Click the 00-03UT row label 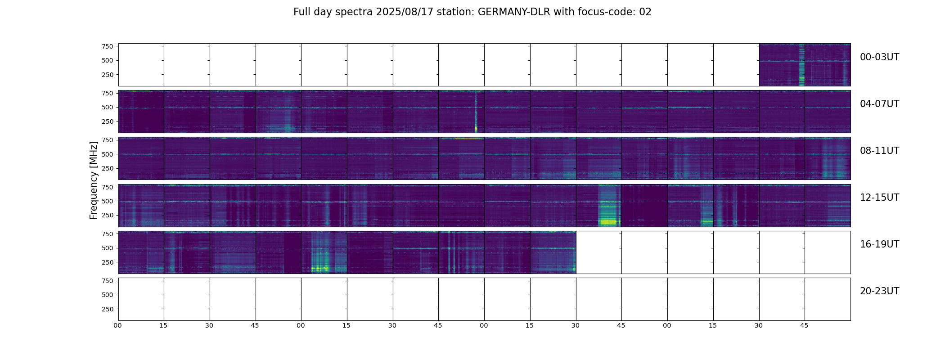[879, 57]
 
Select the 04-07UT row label [879, 104]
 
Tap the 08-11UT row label [879, 151]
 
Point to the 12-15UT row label [879, 198]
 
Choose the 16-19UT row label [879, 244]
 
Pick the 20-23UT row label [879, 291]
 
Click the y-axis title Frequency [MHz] [94, 180]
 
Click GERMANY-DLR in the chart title [514, 12]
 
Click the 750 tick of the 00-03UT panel [108, 46]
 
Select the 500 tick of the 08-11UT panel [108, 154]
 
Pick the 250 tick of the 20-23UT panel [108, 309]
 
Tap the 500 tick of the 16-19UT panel [108, 248]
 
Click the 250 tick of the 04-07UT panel [108, 121]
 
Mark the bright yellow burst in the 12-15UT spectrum [608, 221]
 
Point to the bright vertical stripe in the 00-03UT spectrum [801, 67]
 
